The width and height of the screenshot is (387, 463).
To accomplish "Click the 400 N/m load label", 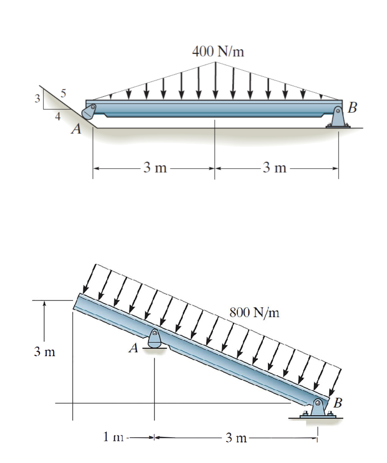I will (218, 51).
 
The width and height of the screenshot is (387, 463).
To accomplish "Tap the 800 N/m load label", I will (254, 312).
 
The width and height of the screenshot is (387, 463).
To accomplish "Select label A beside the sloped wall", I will (75, 130).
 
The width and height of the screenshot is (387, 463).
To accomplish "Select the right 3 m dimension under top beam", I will (275, 168).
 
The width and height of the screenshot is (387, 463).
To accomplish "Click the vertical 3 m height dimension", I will (44, 352).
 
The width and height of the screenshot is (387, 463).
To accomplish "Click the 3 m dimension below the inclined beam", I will (236, 438).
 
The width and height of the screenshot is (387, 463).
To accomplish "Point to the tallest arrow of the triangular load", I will (216, 80).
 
